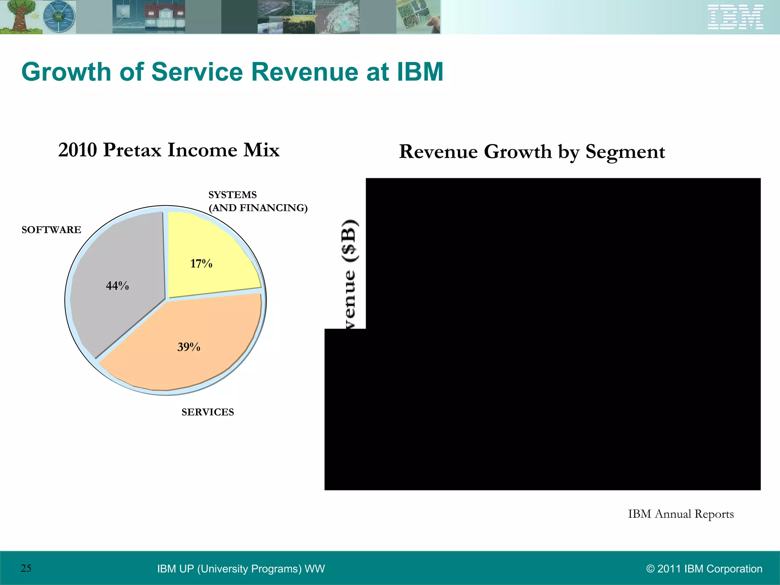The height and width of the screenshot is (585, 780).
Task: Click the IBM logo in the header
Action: (x=735, y=17)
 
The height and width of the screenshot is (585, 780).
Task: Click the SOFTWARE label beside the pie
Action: (x=51, y=230)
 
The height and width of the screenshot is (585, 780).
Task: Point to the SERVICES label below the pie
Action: (x=208, y=412)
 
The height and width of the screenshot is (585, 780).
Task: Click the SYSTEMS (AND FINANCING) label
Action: (x=257, y=201)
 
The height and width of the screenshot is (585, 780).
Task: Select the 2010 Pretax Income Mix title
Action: (x=169, y=150)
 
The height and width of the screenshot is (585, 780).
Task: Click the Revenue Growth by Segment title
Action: (x=532, y=152)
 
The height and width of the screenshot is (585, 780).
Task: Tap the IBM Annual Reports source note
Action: (x=681, y=514)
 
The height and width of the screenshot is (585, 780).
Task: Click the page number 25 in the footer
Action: (x=26, y=568)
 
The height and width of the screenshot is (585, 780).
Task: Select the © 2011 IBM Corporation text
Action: (x=704, y=569)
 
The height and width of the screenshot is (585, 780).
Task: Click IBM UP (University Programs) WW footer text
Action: (x=241, y=569)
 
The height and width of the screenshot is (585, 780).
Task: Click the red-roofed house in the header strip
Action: (x=165, y=17)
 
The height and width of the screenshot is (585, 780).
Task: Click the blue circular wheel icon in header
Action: (x=59, y=17)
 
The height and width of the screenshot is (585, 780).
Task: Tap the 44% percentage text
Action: (x=117, y=286)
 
